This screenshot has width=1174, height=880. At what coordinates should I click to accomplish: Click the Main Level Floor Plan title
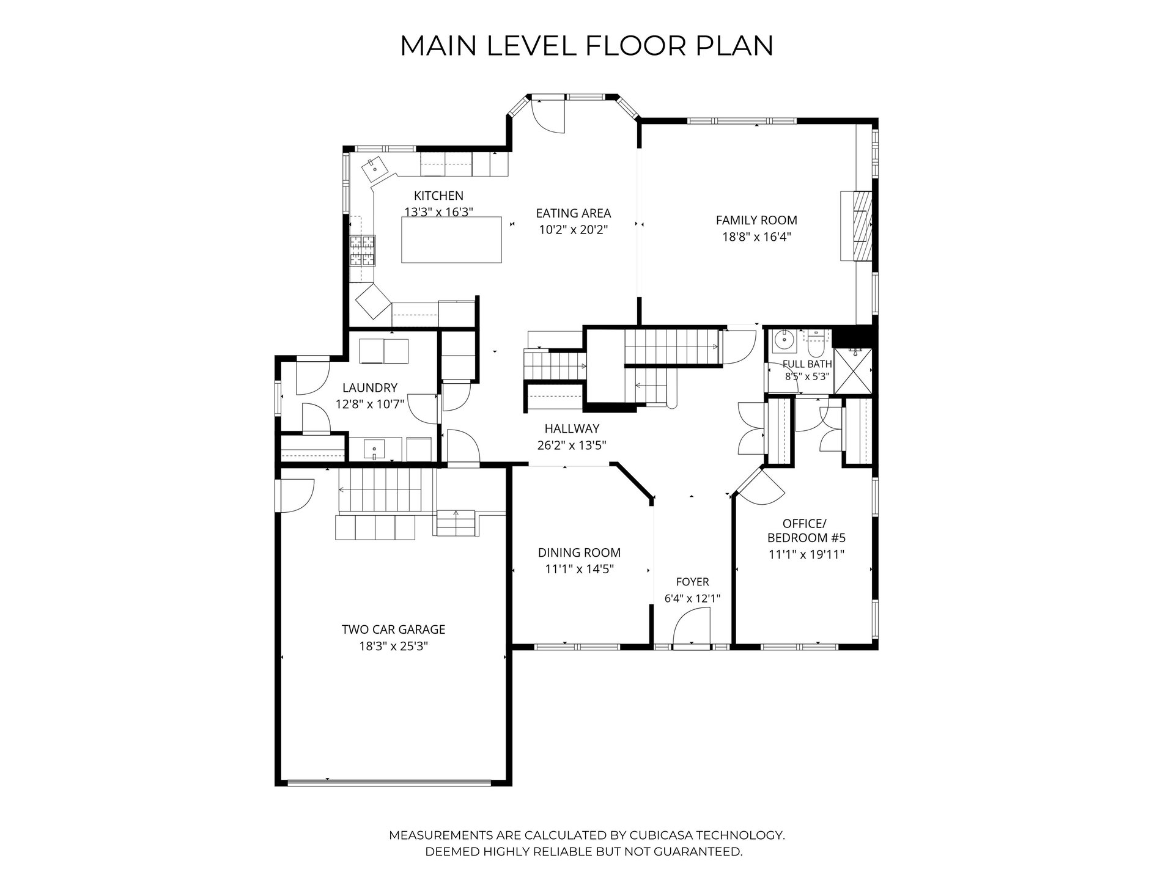click(586, 46)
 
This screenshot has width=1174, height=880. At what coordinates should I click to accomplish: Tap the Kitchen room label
click(438, 196)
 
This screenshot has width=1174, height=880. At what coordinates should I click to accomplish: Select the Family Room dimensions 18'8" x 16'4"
click(756, 237)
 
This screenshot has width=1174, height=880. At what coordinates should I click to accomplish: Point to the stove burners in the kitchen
click(363, 251)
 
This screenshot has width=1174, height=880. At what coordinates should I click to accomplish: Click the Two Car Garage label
click(393, 629)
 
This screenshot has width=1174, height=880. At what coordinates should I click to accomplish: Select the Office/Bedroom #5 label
click(806, 531)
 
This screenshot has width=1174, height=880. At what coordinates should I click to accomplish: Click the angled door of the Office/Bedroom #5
click(760, 486)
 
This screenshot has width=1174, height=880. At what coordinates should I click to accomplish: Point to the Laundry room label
click(370, 387)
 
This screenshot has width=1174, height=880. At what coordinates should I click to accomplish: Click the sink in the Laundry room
click(374, 450)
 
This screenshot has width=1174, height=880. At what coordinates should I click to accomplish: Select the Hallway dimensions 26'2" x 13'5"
click(572, 446)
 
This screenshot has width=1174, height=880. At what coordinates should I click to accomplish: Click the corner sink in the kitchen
click(374, 169)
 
